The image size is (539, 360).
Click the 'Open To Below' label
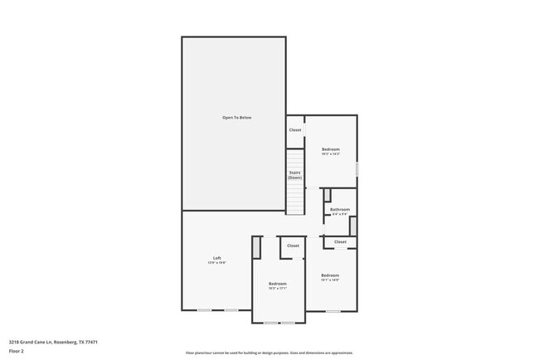[236, 118]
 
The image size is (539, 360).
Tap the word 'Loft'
[216, 258]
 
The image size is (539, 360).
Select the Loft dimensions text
[216, 263]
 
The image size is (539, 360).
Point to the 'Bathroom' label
[340, 209]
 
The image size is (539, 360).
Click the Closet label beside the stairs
[295, 129]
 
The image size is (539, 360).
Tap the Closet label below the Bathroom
[340, 241]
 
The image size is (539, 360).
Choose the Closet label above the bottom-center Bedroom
[293, 246]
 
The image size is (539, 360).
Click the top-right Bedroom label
[331, 149]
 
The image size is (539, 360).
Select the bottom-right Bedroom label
[330, 275]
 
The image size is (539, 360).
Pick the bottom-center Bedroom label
[277, 284]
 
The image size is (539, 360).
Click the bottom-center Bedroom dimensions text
[277, 289]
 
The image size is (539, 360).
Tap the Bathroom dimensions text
[340, 214]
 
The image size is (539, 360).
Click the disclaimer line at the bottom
[269, 352]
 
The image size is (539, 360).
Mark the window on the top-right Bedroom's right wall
[357, 168]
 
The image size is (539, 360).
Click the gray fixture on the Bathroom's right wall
[352, 225]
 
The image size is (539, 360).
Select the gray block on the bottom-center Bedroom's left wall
[257, 247]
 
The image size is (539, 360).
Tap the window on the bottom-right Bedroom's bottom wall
[333, 311]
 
